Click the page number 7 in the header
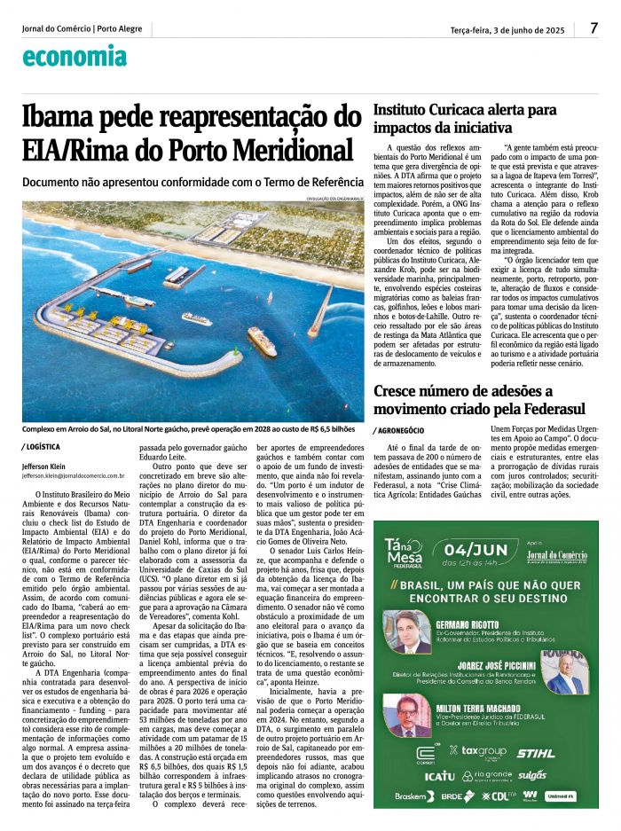pyautogui.click(x=593, y=28)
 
